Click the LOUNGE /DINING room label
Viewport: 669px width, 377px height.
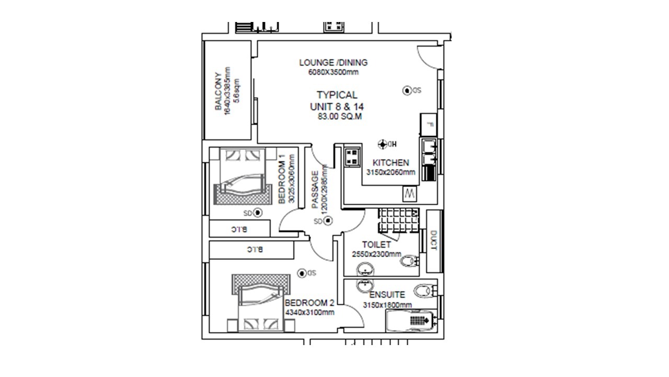click(333, 62)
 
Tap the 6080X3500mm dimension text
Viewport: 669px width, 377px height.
click(333, 72)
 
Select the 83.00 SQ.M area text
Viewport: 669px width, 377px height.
click(339, 117)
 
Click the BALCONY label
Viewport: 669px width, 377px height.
click(218, 92)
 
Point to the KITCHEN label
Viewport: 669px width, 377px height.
click(390, 163)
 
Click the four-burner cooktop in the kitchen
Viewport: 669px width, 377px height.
click(352, 156)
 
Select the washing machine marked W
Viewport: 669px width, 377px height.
click(409, 194)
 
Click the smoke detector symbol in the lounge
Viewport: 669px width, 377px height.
click(407, 91)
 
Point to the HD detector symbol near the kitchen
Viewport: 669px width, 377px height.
click(383, 144)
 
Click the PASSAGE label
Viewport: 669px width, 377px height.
click(315, 190)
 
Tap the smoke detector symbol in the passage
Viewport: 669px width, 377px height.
click(328, 221)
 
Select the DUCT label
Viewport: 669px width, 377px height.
click(433, 240)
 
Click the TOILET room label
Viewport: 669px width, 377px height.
click(376, 245)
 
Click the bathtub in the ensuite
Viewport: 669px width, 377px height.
click(409, 320)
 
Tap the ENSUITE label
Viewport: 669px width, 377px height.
click(387, 295)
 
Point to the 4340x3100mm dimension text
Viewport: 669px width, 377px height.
click(309, 313)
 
